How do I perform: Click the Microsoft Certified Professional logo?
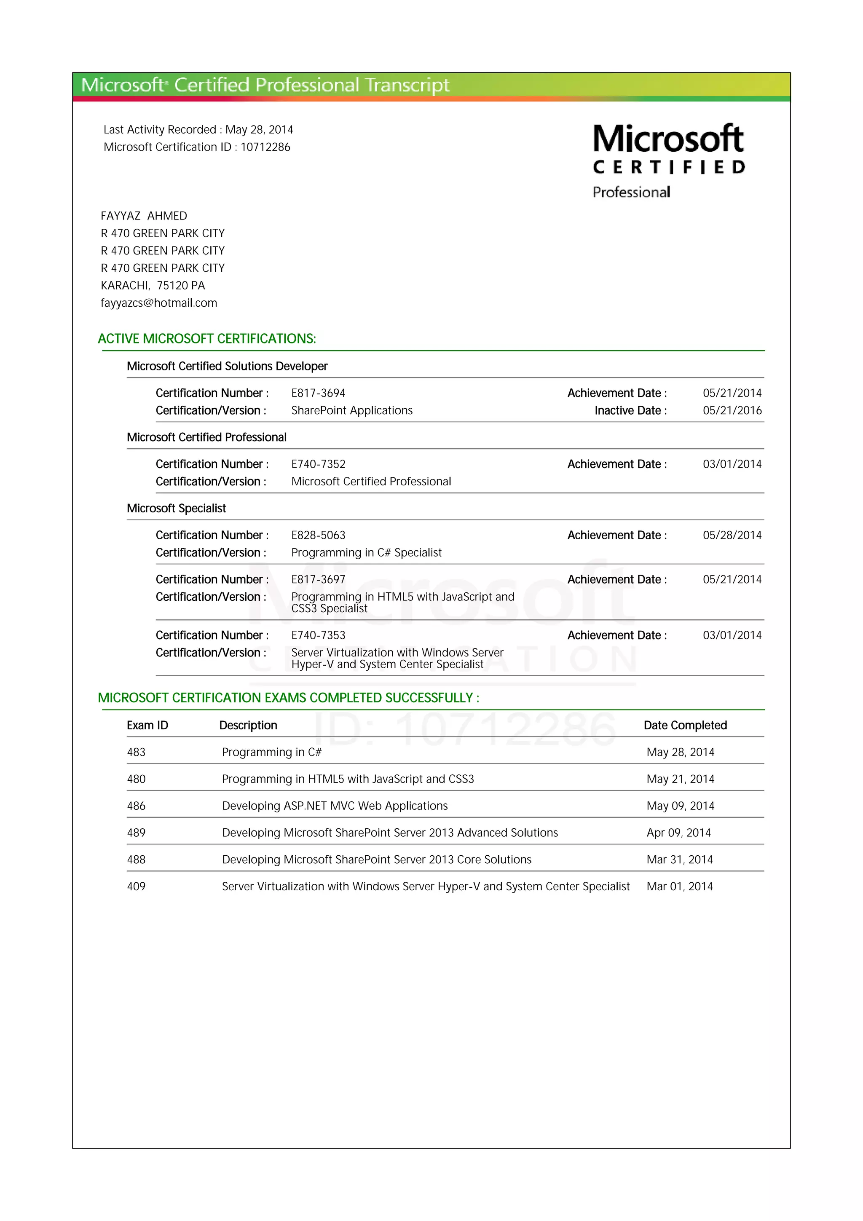click(668, 161)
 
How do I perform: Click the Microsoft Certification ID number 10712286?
click(265, 147)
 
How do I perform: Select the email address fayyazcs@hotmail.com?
click(159, 303)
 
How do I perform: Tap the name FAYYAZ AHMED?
click(144, 216)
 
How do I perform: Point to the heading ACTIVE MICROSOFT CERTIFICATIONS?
click(207, 339)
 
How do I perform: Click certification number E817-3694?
click(318, 393)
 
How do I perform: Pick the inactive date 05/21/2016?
click(732, 410)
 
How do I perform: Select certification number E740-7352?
click(318, 464)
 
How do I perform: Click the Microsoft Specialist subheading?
click(176, 509)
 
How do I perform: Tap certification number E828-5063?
click(318, 535)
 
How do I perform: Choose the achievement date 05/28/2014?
click(732, 535)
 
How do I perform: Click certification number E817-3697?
click(318, 580)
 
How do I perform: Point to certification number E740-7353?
click(318, 635)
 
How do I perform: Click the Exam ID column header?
click(147, 726)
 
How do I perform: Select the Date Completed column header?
click(685, 726)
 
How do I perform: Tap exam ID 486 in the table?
click(136, 806)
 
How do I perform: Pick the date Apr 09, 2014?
click(678, 833)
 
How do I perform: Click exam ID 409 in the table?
click(136, 886)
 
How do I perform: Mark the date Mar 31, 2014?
click(680, 860)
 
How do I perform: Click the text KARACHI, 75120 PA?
click(153, 286)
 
